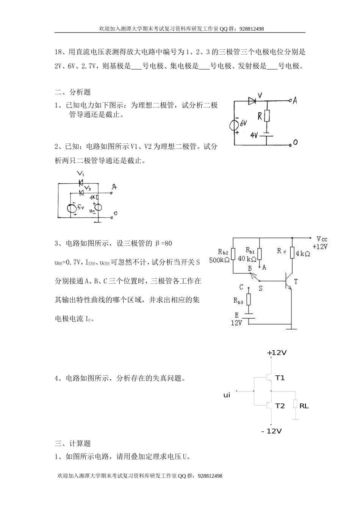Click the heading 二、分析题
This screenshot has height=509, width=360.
pyautogui.click(x=73, y=92)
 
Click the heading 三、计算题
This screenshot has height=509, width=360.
pyautogui.click(x=73, y=443)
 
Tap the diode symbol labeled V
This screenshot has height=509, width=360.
pyautogui.click(x=253, y=101)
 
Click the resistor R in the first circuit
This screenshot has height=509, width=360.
pyautogui.click(x=267, y=116)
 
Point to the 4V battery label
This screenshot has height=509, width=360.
pyautogui.click(x=254, y=135)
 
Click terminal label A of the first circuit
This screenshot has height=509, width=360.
pyautogui.click(x=295, y=100)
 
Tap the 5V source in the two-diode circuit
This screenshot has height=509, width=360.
pyautogui.click(x=71, y=208)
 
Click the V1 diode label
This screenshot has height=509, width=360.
pyautogui.click(x=80, y=174)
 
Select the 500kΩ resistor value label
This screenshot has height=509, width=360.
pyautogui.click(x=219, y=260)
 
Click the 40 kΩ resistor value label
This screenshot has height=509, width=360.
pyautogui.click(x=247, y=259)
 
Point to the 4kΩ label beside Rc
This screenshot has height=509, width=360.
pyautogui.click(x=303, y=254)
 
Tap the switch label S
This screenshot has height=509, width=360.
pyautogui.click(x=261, y=288)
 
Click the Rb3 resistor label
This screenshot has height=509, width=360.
pyautogui.click(x=238, y=301)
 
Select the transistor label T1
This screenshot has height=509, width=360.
pyautogui.click(x=280, y=378)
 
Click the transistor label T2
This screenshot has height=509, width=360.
pyautogui.click(x=280, y=406)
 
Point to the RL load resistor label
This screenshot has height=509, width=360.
pyautogui.click(x=304, y=406)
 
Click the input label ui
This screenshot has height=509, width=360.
pyautogui.click(x=227, y=395)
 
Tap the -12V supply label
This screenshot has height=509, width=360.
pyautogui.click(x=272, y=431)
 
